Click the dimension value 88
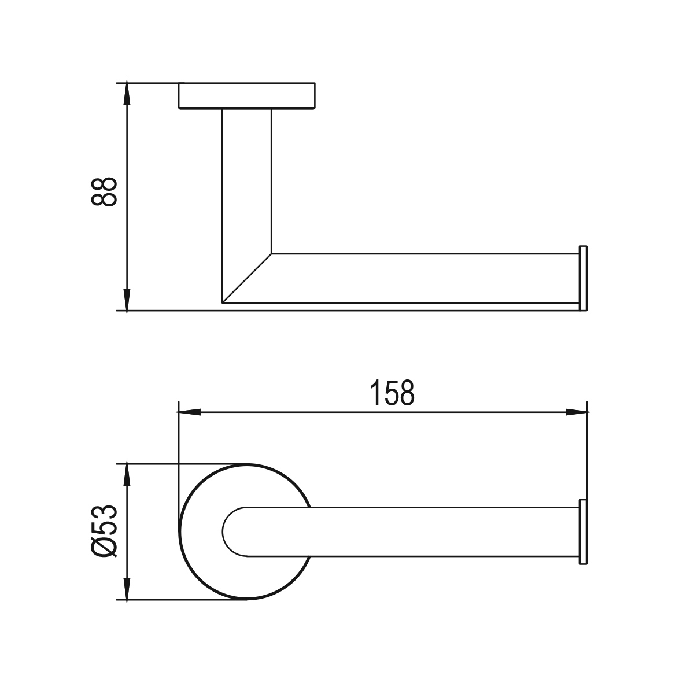point(104,191)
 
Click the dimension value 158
point(392,393)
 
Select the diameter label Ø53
point(104,531)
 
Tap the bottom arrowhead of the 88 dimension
point(127,302)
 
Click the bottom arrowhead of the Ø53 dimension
point(127,591)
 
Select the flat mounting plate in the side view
point(247,95)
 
